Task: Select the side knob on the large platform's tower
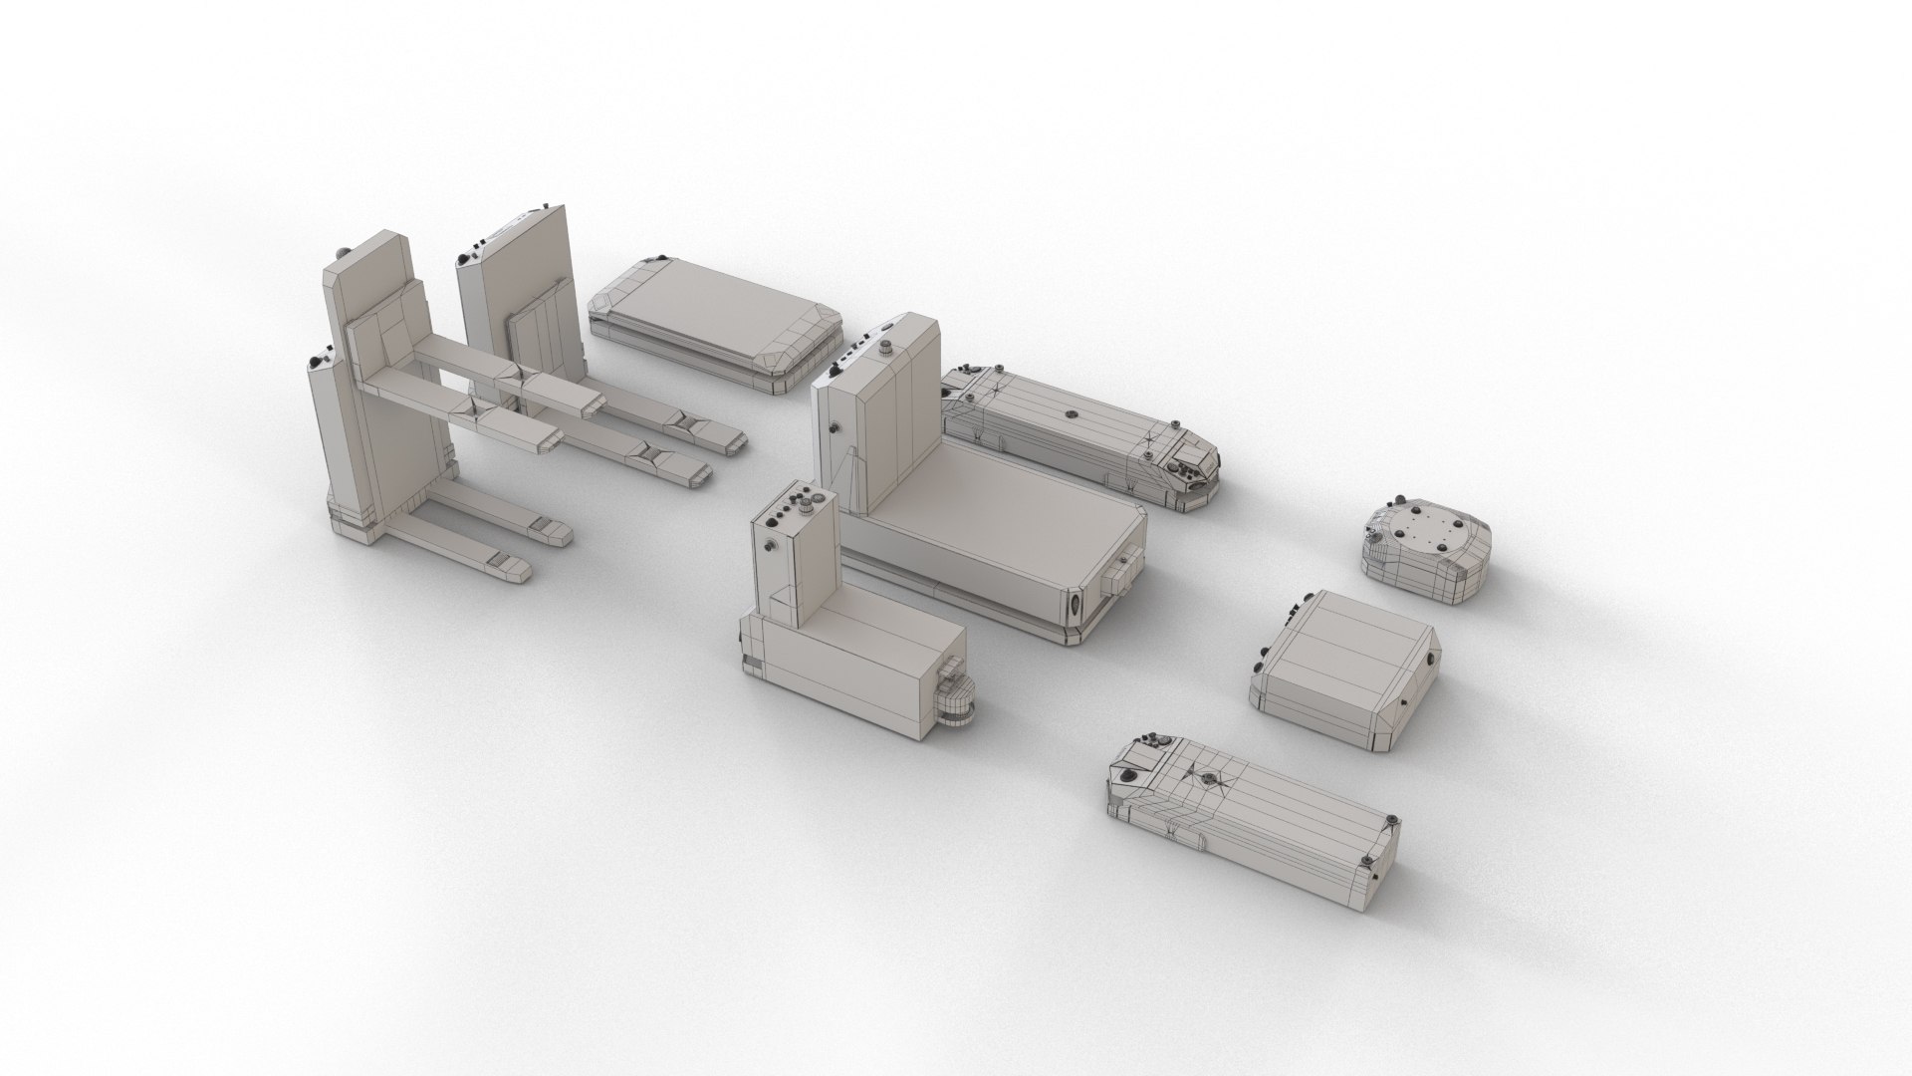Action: tap(833, 425)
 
